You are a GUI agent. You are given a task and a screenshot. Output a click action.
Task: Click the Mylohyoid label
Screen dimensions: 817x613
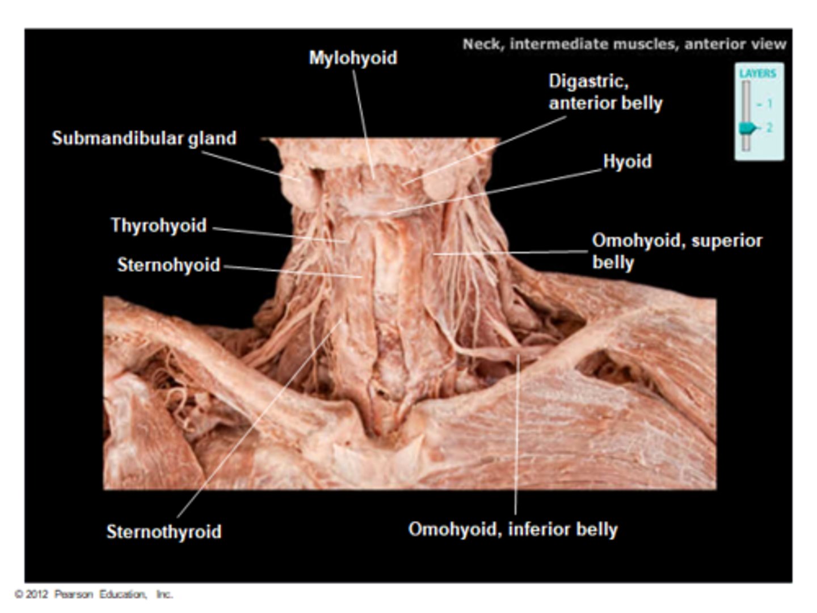(353, 58)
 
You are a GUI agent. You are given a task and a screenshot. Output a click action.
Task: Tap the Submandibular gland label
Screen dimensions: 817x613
(144, 138)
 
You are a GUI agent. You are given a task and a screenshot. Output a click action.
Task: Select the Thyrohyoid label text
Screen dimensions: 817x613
(158, 225)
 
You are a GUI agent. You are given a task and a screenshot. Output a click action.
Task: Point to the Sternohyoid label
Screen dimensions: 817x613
(169, 265)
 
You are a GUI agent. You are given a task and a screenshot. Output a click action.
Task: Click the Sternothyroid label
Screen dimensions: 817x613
(164, 532)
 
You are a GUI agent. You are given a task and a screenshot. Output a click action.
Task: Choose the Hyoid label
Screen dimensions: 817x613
(627, 162)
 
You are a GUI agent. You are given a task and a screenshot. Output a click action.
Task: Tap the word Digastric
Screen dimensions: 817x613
(588, 82)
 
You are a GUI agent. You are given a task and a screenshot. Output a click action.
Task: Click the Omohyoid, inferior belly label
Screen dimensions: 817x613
(513, 530)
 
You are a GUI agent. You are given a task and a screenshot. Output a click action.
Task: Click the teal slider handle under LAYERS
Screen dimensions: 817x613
(748, 128)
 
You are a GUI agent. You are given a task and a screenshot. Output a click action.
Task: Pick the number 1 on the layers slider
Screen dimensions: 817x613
(770, 104)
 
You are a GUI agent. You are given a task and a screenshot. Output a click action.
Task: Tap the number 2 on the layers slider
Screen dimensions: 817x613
(770, 128)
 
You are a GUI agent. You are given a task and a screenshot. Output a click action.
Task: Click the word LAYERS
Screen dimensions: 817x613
(757, 73)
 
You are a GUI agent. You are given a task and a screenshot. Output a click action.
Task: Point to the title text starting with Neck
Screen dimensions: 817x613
(624, 44)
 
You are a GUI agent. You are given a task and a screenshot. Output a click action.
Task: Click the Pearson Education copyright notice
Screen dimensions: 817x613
(94, 594)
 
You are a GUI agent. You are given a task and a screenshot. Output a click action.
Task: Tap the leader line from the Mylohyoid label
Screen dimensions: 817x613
(363, 119)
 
